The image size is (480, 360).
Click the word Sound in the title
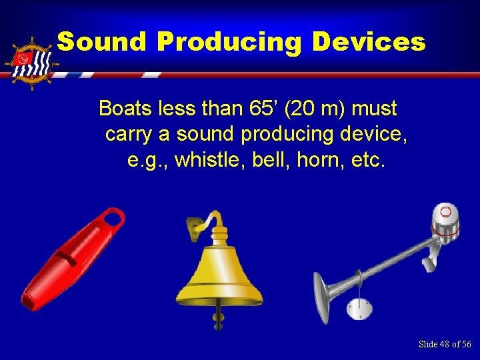point(101,42)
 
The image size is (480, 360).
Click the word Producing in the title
point(229,42)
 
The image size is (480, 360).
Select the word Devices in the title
point(368,42)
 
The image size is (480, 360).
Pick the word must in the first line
point(374,108)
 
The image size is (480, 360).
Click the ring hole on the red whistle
point(114,217)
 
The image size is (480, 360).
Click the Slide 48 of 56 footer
point(444,344)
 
